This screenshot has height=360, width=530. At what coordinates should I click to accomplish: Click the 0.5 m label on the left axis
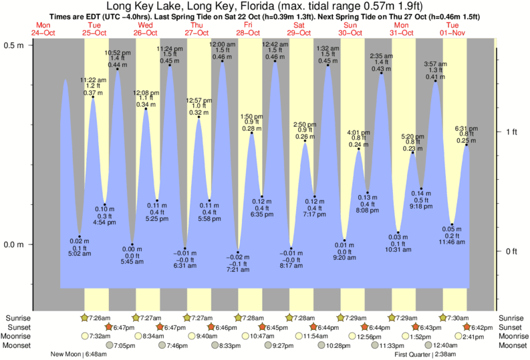(x=14, y=45)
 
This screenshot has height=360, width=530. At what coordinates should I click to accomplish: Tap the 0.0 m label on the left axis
(x=14, y=244)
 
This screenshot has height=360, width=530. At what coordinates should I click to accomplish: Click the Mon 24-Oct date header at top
(x=41, y=29)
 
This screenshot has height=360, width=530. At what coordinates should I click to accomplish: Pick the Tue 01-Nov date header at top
(x=454, y=29)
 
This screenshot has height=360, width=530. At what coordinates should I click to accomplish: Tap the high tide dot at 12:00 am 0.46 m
(x=223, y=63)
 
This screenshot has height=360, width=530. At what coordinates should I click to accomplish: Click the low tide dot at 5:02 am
(x=79, y=236)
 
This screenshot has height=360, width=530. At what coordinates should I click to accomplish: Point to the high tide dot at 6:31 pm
(x=467, y=145)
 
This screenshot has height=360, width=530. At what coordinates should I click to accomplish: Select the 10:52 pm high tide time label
(x=117, y=53)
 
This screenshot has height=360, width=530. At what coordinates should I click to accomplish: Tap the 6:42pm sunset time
(x=483, y=327)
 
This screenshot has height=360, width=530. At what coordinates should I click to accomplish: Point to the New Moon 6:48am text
(x=79, y=354)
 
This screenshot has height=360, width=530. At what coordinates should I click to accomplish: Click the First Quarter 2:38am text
(x=425, y=354)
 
